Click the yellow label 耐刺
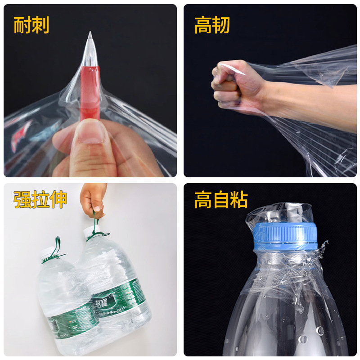[x=31, y=25]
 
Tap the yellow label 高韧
[x=212, y=25]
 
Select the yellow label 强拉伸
[x=40, y=199]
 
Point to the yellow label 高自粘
[x=221, y=199]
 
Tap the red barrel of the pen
[x=90, y=90]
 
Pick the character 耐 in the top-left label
[x=22, y=25]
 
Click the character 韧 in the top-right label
[x=221, y=25]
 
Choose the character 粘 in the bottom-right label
[x=239, y=199]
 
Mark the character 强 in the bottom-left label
[x=22, y=199]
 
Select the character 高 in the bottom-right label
[x=203, y=199]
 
